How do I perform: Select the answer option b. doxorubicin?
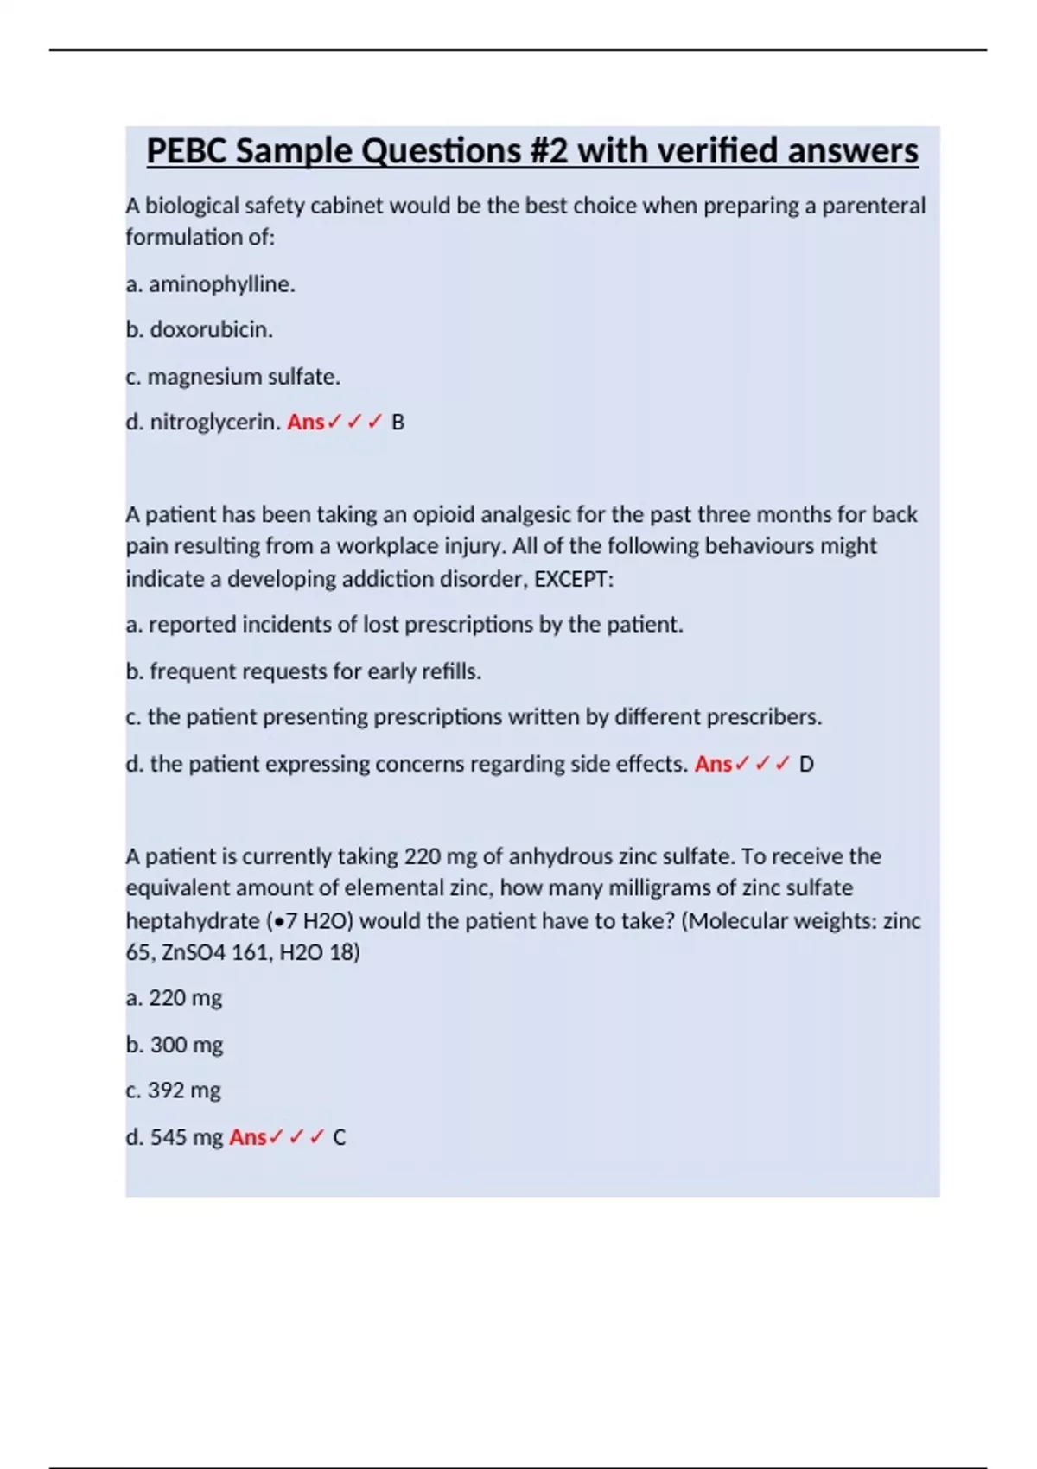pos(200,330)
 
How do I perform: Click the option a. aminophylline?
pos(211,284)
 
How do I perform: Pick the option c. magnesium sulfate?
pos(233,377)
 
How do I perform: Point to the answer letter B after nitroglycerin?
pos(398,423)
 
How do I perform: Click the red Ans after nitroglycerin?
pos(305,423)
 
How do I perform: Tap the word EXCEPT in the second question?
pos(571,579)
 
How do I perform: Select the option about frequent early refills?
pos(303,671)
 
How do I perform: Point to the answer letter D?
pos(806,765)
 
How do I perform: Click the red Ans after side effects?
pos(713,765)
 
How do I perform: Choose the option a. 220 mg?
pos(174,998)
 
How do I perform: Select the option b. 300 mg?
pos(175,1045)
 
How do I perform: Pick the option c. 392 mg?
pos(174,1091)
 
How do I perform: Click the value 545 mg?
pos(187,1137)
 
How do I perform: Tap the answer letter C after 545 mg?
pos(340,1137)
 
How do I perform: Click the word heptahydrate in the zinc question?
pos(192,921)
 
